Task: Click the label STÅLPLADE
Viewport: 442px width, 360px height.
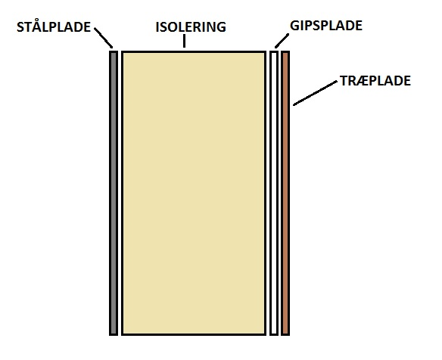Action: [54, 26]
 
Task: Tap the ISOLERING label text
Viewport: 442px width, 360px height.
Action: [191, 27]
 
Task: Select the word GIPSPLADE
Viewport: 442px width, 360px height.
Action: [326, 26]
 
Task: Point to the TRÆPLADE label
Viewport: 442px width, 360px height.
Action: [375, 81]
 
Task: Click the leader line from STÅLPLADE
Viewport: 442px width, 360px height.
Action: [104, 38]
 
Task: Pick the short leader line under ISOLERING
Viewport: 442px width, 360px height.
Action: [184, 41]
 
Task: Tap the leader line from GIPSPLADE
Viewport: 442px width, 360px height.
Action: [282, 41]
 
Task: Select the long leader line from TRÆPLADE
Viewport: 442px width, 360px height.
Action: [315, 93]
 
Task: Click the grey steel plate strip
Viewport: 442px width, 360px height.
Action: [114, 194]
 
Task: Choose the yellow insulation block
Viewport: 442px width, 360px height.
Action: [194, 194]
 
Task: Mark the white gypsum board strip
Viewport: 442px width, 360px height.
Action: [274, 194]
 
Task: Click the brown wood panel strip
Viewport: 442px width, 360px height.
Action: [285, 194]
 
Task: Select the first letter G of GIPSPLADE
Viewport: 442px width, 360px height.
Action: [294, 26]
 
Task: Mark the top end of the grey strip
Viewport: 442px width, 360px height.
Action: [114, 51]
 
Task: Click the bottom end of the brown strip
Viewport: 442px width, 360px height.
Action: [285, 335]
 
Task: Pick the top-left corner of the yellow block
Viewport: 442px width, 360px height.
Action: [123, 51]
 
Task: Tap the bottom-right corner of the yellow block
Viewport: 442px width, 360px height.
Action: [266, 335]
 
